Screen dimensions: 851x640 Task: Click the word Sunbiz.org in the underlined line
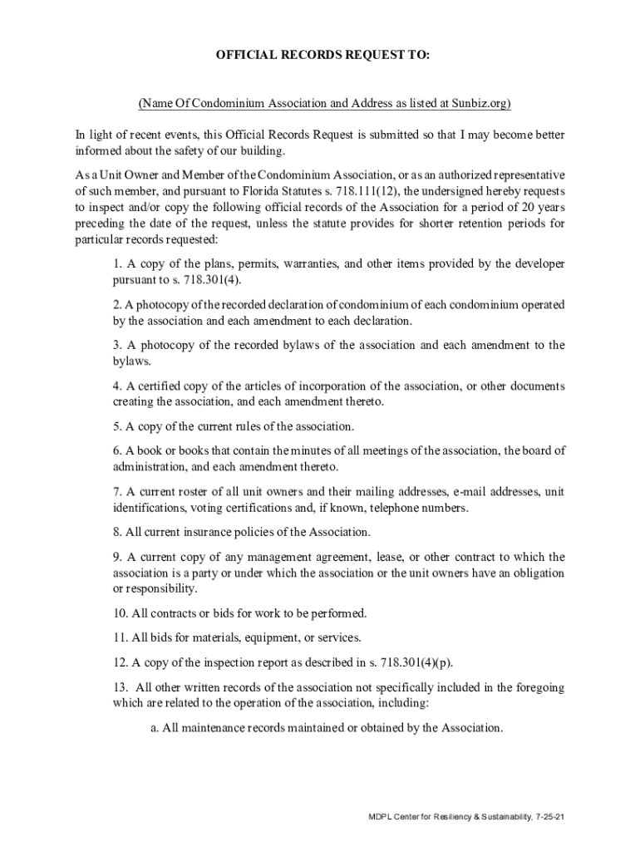pos(479,104)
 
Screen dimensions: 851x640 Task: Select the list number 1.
pos(117,264)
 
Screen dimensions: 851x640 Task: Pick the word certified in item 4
pos(160,386)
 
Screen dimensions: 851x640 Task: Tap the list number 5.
pos(117,427)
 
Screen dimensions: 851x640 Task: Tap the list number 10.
pos(121,614)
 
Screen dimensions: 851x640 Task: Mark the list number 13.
pos(121,687)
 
